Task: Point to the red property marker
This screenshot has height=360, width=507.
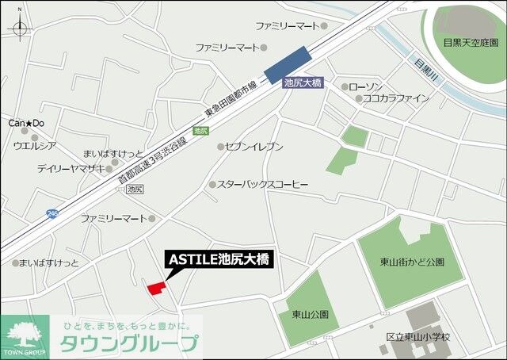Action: click(x=156, y=288)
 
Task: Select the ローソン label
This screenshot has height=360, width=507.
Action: click(x=365, y=86)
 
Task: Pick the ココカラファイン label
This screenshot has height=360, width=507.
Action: click(x=395, y=98)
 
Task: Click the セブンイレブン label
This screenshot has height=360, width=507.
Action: click(x=254, y=147)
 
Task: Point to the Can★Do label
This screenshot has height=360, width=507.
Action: click(x=25, y=124)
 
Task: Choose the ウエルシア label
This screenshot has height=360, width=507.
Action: click(x=34, y=145)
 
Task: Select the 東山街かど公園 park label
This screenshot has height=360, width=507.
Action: click(x=411, y=262)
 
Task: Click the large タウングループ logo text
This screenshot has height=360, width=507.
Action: click(x=131, y=344)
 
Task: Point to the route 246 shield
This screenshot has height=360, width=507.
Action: click(x=51, y=213)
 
